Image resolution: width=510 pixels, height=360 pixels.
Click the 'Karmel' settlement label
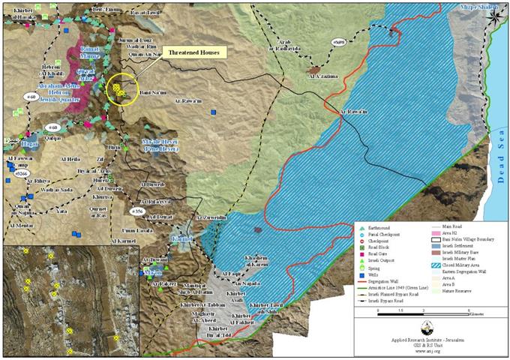pos(181,238)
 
